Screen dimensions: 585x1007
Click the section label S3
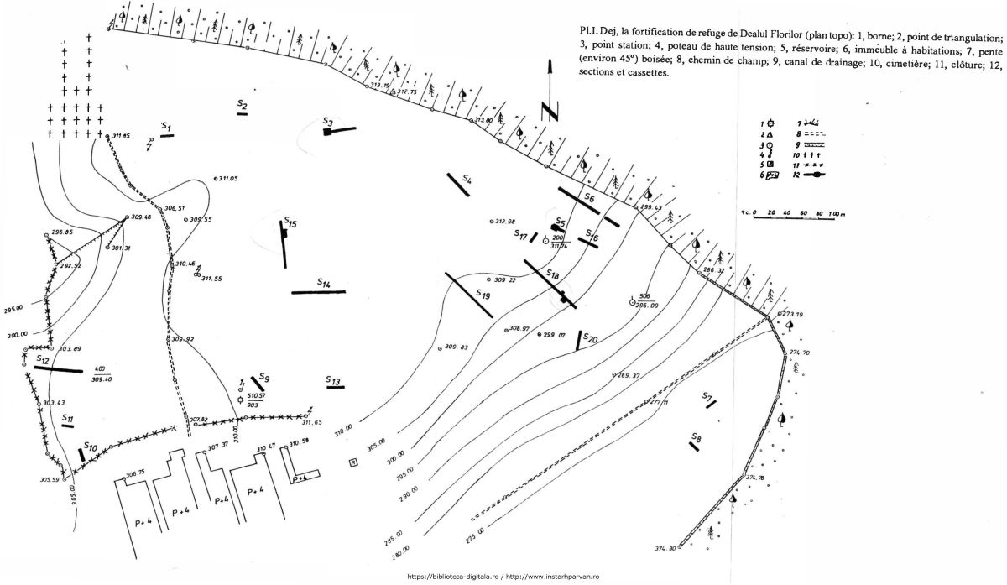328,123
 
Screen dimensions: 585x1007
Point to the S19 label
483,295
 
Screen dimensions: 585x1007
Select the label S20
590,339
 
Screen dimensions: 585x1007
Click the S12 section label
42,358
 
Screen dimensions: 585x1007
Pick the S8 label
697,437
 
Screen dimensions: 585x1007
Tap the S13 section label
334,382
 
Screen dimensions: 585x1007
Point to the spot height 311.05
227,179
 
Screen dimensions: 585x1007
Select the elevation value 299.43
651,207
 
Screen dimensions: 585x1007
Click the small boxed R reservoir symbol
353,462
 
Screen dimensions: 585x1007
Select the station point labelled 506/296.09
632,301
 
